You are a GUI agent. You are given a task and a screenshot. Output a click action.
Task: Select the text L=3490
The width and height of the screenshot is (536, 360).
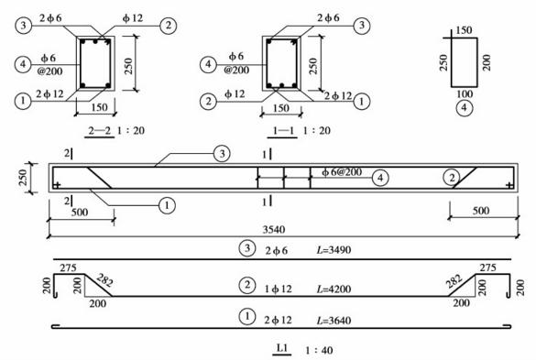click(x=335, y=249)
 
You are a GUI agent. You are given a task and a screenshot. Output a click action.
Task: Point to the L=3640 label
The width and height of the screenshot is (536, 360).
click(x=335, y=319)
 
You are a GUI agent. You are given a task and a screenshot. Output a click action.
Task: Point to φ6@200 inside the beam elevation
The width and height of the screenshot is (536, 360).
click(x=342, y=172)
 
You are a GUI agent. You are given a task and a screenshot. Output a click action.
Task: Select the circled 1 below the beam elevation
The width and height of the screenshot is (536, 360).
click(x=167, y=206)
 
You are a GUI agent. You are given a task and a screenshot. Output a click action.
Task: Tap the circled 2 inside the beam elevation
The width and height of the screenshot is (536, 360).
click(x=449, y=176)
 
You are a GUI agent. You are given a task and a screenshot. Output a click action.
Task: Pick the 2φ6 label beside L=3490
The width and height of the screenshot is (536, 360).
click(x=275, y=249)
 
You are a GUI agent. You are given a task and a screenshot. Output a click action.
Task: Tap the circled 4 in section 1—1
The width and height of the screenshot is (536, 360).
click(x=210, y=64)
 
